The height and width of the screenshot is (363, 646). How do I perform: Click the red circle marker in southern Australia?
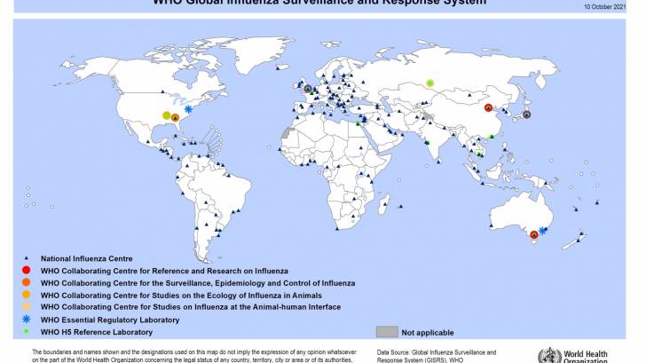pyautogui.click(x=533, y=235)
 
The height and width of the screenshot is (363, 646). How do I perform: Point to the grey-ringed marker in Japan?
pyautogui.click(x=527, y=114)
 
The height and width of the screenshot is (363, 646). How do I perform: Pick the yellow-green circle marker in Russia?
pyautogui.click(x=430, y=83)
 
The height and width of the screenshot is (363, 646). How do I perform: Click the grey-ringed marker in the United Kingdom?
pyautogui.click(x=308, y=90)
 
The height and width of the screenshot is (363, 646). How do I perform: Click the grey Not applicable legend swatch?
pyautogui.click(x=386, y=332)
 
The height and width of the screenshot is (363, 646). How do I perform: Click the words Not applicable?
pyautogui.click(x=428, y=332)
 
